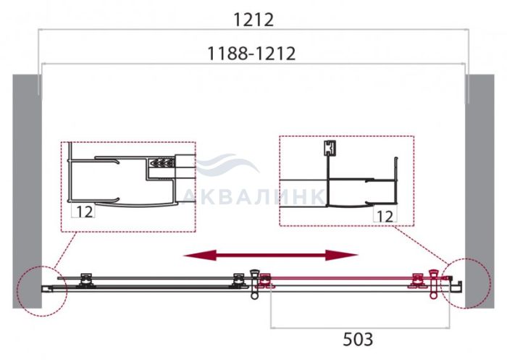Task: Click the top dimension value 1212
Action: [x=253, y=20]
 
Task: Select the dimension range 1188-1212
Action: [x=251, y=54]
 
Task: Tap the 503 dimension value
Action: [x=358, y=340]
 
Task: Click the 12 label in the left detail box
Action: [x=85, y=212]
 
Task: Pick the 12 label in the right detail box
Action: [x=385, y=217]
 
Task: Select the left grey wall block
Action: [x=28, y=191]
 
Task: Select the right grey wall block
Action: [x=479, y=191]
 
